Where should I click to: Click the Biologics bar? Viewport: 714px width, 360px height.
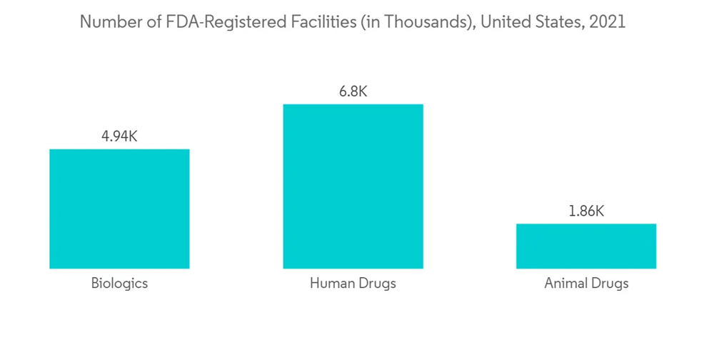(119, 209)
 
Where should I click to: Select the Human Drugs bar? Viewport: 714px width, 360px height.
(353, 186)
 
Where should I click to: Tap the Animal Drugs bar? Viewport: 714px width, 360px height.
(586, 246)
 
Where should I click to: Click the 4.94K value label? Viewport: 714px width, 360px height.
(119, 136)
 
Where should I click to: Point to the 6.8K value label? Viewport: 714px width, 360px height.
(353, 91)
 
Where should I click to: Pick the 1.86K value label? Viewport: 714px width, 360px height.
(586, 211)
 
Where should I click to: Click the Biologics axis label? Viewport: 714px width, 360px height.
(119, 284)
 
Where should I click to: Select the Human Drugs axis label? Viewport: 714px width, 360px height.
(353, 284)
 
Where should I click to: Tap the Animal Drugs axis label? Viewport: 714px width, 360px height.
(586, 284)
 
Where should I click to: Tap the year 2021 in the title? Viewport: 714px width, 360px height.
(608, 22)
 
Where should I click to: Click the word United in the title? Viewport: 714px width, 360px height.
(506, 22)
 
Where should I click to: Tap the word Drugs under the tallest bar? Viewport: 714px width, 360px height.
(376, 284)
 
